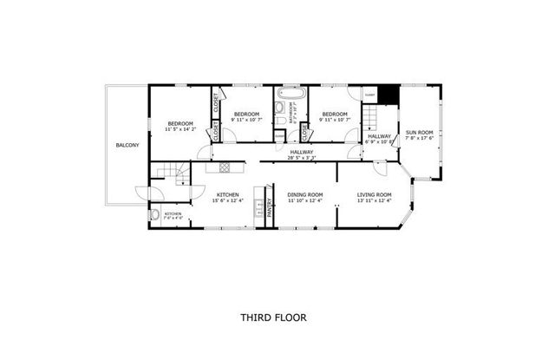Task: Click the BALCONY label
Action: coord(127,145)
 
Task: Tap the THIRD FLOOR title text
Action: coord(272,318)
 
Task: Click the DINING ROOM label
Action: coord(304,193)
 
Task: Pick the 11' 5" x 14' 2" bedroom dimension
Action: coord(181,130)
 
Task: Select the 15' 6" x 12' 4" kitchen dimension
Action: coord(228,200)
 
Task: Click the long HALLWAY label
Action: coord(301,152)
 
